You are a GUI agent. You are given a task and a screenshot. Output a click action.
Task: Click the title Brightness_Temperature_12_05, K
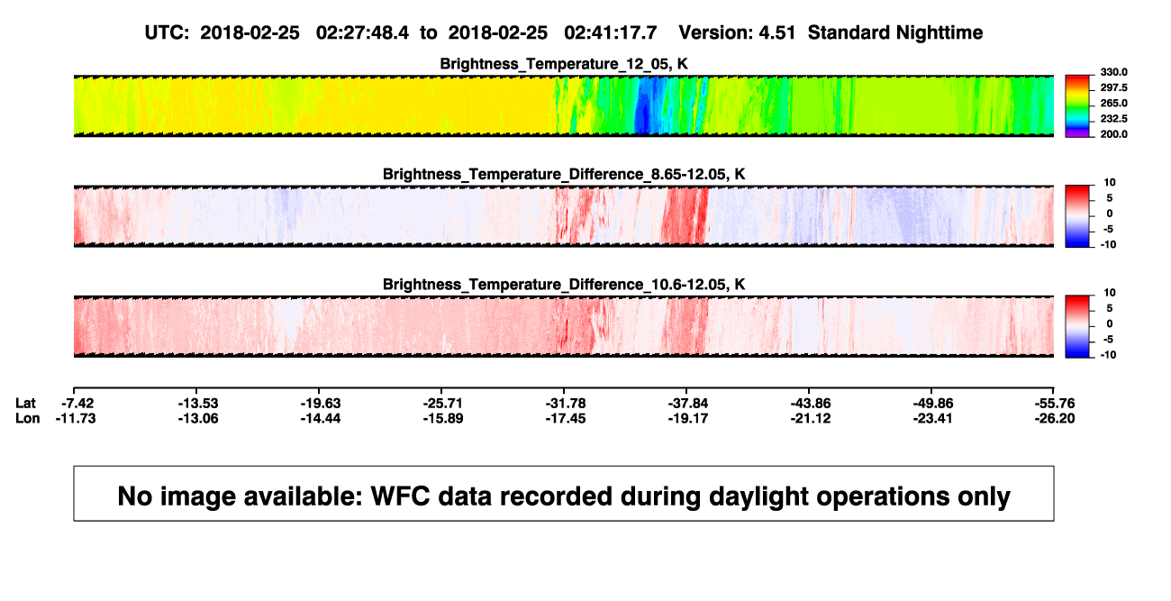pos(564,64)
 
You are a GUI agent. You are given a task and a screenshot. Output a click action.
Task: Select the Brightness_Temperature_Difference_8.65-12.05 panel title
pos(564,174)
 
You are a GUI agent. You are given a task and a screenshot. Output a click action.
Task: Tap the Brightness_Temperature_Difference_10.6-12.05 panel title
pos(564,285)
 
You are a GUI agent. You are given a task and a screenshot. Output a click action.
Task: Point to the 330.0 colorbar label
pos(1113,72)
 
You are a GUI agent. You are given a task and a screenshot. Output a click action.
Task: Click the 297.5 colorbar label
pos(1113,88)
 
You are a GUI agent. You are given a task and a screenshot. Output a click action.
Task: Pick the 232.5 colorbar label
pos(1113,119)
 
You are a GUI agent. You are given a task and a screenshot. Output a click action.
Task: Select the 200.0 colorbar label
pos(1113,134)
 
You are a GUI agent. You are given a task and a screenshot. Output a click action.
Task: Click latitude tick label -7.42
pos(77,404)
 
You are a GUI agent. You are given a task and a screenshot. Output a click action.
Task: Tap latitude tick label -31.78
pos(566,404)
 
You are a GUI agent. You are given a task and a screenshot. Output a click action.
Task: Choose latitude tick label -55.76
pos(1055,404)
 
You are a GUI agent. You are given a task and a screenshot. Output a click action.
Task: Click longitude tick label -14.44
pos(321,418)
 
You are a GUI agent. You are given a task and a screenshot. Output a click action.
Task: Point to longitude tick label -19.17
pos(688,418)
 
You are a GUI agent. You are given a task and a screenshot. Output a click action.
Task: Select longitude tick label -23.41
pos(932,418)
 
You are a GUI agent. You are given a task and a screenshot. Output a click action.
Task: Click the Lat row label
pos(25,404)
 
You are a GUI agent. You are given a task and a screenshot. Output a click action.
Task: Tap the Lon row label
pos(28,418)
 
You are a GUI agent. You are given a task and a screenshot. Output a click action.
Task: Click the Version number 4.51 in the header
pos(777,33)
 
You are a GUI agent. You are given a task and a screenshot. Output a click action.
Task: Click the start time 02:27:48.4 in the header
pos(362,33)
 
